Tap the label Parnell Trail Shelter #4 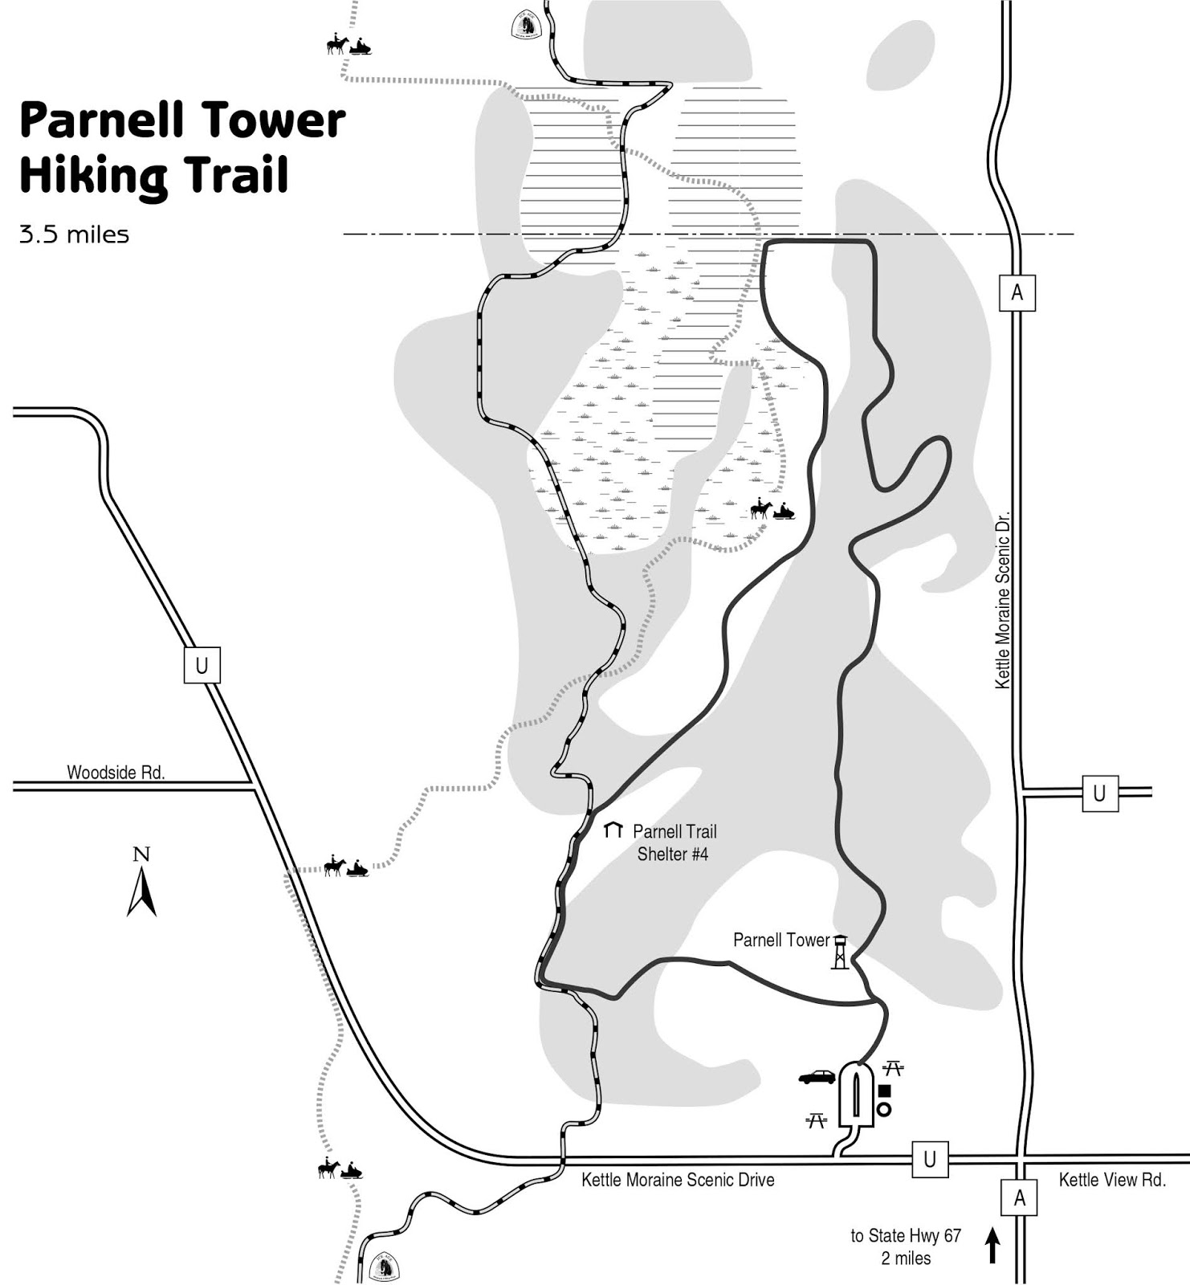coord(674,842)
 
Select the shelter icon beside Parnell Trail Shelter coord(613,830)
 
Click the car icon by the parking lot coord(817,1077)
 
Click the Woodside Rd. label coord(116,773)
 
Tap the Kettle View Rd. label coord(1112,1180)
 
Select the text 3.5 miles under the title coord(74,235)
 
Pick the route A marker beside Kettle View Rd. coord(1019,1198)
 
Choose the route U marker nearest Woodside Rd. coord(202,665)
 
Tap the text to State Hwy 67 coord(906,1236)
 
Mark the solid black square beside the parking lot coord(885,1091)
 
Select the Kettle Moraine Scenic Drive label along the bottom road coord(678,1180)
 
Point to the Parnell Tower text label coord(780,940)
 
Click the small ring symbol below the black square coord(884,1109)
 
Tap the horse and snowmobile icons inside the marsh coord(772,510)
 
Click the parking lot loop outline coord(856,1095)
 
